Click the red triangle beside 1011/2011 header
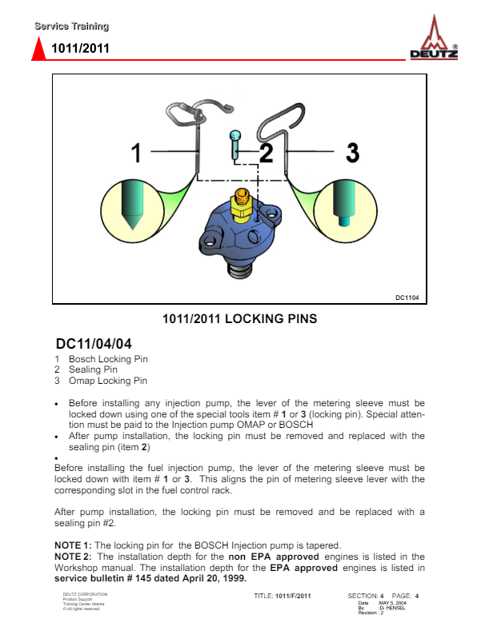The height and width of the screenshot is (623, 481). (x=37, y=50)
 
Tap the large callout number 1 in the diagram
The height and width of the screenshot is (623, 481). (x=136, y=152)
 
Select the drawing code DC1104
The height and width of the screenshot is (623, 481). (x=406, y=298)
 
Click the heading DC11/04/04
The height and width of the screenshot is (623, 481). (x=98, y=344)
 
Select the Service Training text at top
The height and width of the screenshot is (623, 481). (x=71, y=27)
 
